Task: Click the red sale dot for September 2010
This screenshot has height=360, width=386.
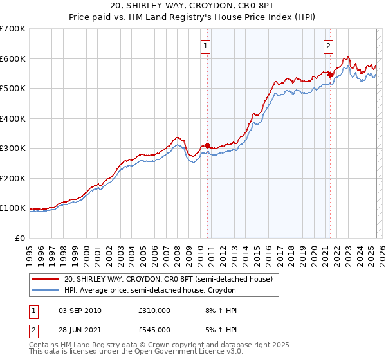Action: click(x=207, y=146)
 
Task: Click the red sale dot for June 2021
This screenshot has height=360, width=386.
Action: click(x=330, y=75)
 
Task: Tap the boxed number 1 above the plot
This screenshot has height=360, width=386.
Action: click(x=205, y=46)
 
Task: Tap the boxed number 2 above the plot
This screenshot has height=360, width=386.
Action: click(x=328, y=46)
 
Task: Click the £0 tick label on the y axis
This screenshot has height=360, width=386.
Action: click(x=19, y=238)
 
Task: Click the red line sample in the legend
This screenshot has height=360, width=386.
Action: click(x=46, y=279)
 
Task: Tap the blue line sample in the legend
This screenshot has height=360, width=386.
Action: click(x=46, y=290)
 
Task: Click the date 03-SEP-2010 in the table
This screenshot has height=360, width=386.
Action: click(x=80, y=310)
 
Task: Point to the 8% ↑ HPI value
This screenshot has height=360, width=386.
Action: click(x=221, y=310)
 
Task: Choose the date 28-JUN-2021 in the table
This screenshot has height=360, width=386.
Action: click(x=80, y=330)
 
